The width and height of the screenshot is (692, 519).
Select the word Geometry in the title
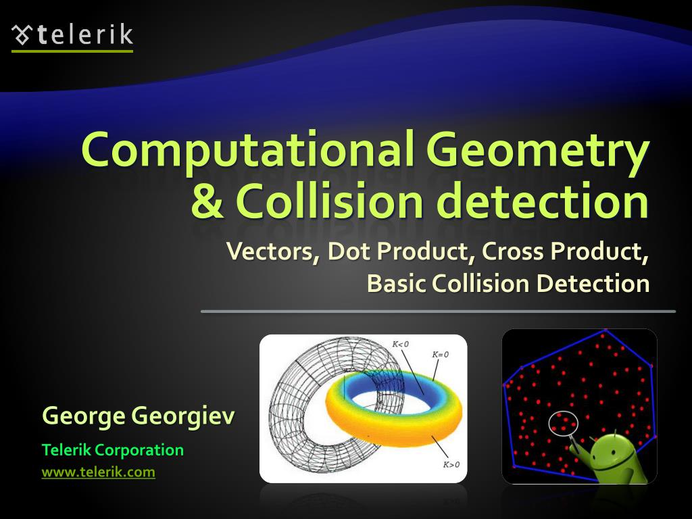[537, 151]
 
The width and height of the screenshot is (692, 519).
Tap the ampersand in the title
[207, 201]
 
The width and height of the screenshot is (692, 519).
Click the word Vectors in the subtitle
[273, 251]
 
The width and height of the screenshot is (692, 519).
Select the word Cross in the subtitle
[512, 251]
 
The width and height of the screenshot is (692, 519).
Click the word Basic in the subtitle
[396, 283]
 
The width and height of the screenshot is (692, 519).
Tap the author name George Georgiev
[139, 416]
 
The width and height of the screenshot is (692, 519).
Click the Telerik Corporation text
[113, 450]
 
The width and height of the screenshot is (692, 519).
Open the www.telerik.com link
[99, 472]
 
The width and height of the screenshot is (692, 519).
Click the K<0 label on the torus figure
[400, 344]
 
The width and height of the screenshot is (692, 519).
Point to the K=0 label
[440, 354]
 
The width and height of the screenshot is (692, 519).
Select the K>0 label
[451, 464]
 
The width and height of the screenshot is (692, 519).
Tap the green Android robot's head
[612, 449]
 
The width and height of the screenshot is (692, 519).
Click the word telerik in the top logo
[85, 35]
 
